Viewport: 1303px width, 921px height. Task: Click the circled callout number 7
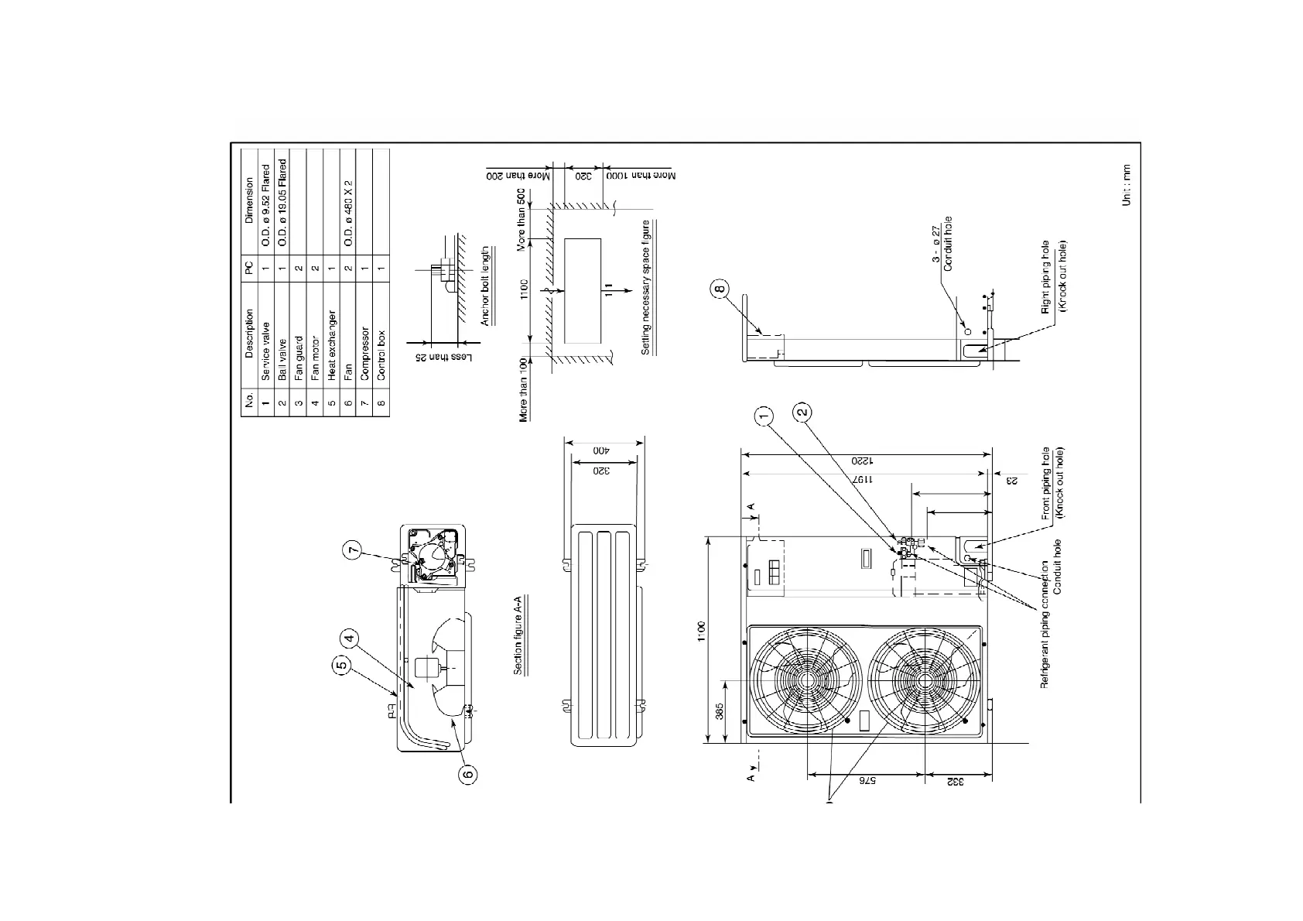tap(353, 550)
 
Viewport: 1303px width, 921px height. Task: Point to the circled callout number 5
tap(340, 665)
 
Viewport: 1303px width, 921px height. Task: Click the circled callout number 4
tap(350, 639)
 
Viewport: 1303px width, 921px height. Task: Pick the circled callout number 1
tap(764, 417)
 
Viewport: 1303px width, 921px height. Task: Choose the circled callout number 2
tap(803, 411)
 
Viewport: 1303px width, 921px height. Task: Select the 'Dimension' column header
tap(249, 200)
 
